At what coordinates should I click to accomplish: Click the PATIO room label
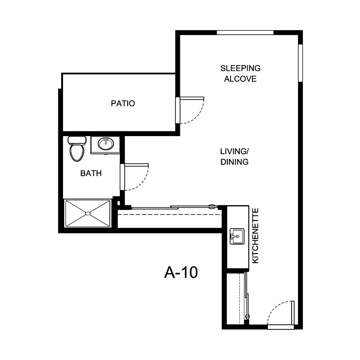click(123, 104)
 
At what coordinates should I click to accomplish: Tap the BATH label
click(91, 174)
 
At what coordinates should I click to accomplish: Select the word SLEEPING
click(240, 68)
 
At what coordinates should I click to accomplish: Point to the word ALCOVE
click(240, 79)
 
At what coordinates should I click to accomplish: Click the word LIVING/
click(234, 151)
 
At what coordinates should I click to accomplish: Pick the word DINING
click(234, 162)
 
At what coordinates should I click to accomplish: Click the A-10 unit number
click(181, 273)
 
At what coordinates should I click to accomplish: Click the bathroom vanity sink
click(105, 144)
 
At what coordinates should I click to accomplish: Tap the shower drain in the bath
click(87, 213)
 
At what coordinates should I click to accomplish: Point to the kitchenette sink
click(237, 236)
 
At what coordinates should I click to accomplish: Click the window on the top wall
click(245, 32)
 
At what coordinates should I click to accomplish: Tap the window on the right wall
click(300, 63)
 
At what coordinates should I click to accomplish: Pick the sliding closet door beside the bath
click(169, 207)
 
